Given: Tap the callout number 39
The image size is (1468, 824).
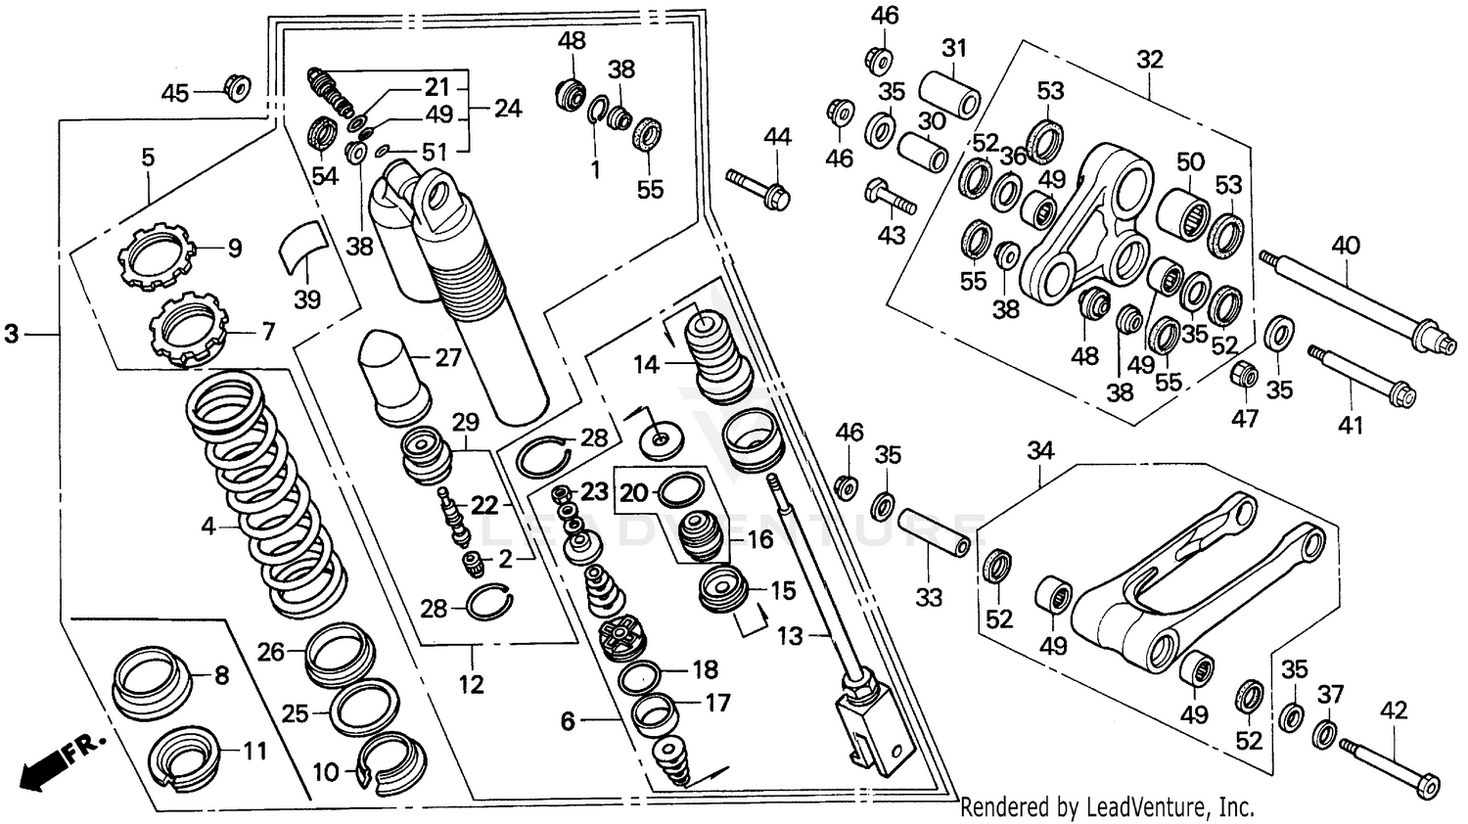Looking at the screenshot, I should click(307, 299).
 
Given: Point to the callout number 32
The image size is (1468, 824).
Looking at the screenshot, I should click(1150, 60).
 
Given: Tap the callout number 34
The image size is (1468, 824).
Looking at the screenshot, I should click(1040, 451).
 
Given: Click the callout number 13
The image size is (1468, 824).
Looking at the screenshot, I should click(790, 636).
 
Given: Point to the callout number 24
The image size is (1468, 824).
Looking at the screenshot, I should click(508, 108).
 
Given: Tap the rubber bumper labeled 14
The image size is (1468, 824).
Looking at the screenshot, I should click(718, 356).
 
